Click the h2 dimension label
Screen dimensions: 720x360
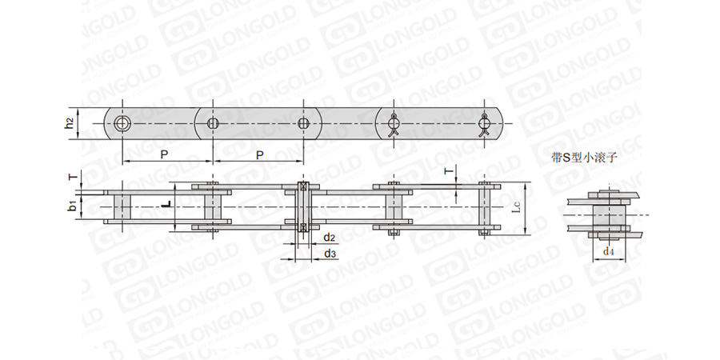(70, 123)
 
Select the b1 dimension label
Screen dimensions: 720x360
(72, 207)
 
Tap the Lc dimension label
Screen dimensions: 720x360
(516, 209)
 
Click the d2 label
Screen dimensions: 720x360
(330, 238)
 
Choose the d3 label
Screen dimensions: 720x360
(330, 254)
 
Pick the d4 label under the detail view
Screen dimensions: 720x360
(609, 250)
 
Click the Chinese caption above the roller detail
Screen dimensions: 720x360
(584, 158)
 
